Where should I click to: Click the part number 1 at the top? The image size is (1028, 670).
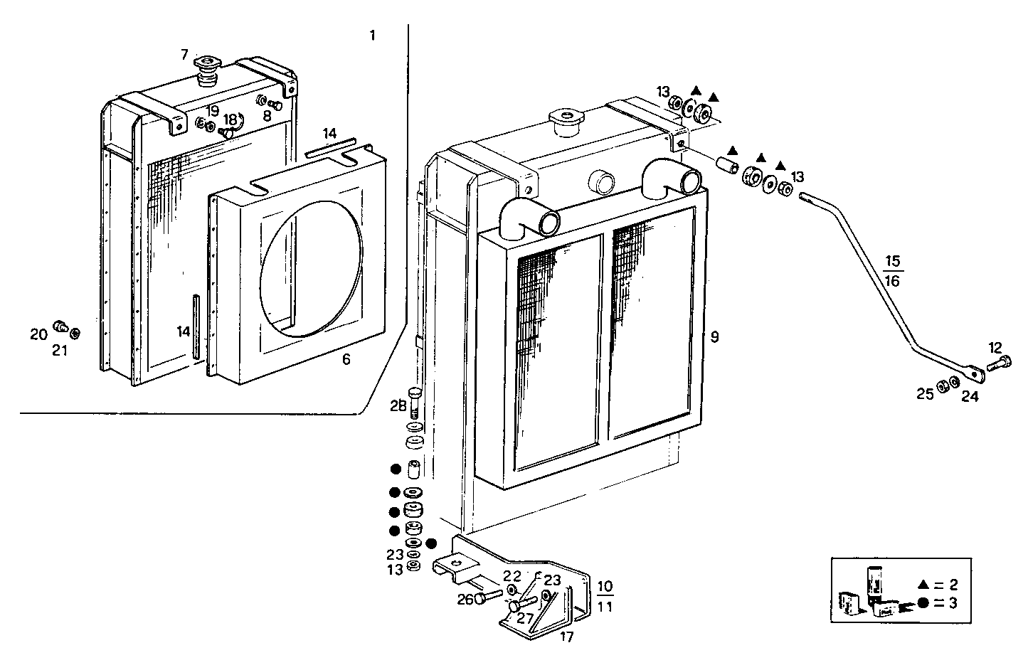[373, 36]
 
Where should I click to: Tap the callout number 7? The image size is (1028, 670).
[185, 54]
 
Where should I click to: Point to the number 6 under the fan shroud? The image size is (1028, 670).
[346, 360]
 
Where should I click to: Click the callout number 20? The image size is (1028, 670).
[38, 334]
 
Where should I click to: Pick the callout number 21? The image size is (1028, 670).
[60, 350]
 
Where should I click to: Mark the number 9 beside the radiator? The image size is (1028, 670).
[714, 337]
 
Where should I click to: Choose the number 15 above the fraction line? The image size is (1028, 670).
[894, 260]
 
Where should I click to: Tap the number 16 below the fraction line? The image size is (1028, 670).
[894, 281]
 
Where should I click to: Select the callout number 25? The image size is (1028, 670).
[924, 394]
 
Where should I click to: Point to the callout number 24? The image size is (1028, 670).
[970, 397]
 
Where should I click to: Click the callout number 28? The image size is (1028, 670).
[398, 406]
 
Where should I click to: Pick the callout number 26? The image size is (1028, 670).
[465, 600]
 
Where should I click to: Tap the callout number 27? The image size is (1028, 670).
[525, 618]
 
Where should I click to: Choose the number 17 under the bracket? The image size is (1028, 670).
[566, 637]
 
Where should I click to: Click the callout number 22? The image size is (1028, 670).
[512, 575]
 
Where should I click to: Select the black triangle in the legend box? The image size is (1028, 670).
[923, 585]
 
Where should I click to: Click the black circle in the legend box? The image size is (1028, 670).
[923, 603]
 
